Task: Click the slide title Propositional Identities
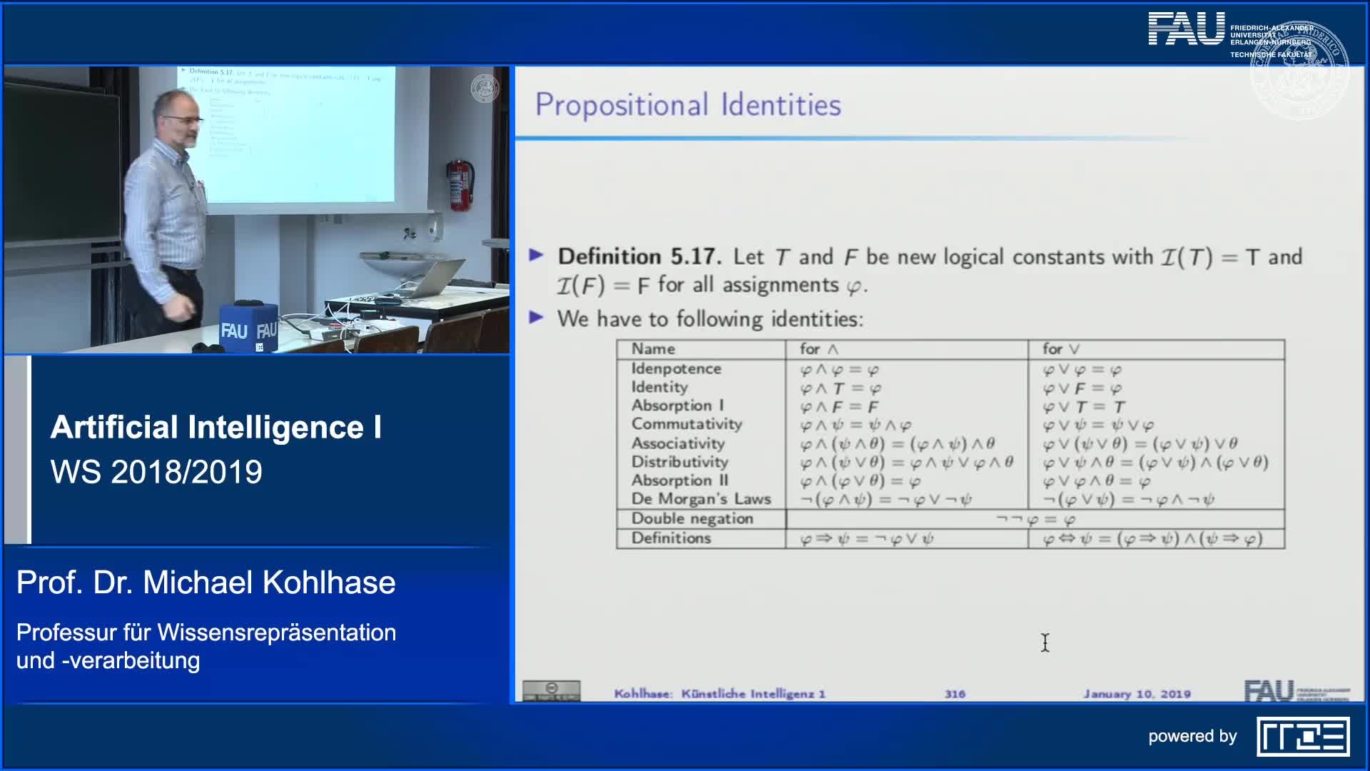pyautogui.click(x=688, y=105)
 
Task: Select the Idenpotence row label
pyautogui.click(x=676, y=369)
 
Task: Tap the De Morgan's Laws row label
pyautogui.click(x=701, y=499)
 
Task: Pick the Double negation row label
pyautogui.click(x=691, y=519)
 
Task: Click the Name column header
pyautogui.click(x=653, y=349)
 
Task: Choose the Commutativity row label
pyautogui.click(x=686, y=424)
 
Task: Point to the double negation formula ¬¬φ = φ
pyautogui.click(x=1035, y=519)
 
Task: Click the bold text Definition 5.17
pyautogui.click(x=639, y=257)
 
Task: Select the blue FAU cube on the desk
pyautogui.click(x=248, y=328)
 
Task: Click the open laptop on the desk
pyautogui.click(x=432, y=278)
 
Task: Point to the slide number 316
pyautogui.click(x=955, y=694)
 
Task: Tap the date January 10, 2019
pyautogui.click(x=1137, y=694)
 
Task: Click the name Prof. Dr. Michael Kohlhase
pyautogui.click(x=205, y=583)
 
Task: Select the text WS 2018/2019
pyautogui.click(x=156, y=472)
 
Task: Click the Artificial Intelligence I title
pyautogui.click(x=215, y=428)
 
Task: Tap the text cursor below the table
pyautogui.click(x=1045, y=642)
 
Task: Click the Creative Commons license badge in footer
pyautogui.click(x=551, y=690)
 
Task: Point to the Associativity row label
pyautogui.click(x=678, y=443)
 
